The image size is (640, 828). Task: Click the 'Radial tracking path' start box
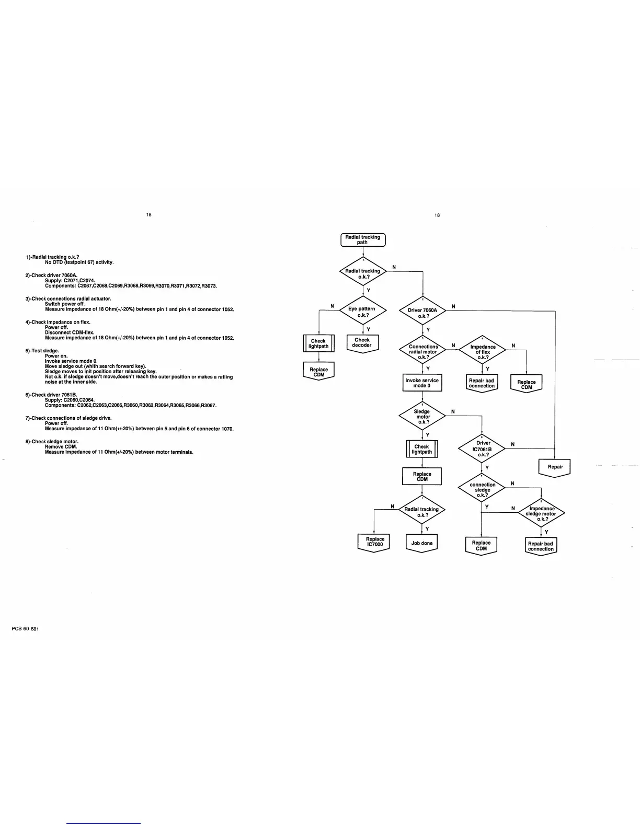pyautogui.click(x=363, y=240)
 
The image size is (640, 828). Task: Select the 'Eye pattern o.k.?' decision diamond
pyautogui.click(x=362, y=312)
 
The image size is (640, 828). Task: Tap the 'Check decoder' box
pyautogui.click(x=362, y=343)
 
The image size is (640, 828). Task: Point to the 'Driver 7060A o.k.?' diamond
pyautogui.click(x=422, y=313)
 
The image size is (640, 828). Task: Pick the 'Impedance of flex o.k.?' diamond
pyautogui.click(x=482, y=352)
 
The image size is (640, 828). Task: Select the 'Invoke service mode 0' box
pyautogui.click(x=422, y=383)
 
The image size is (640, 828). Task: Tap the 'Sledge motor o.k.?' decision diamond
pyautogui.click(x=422, y=417)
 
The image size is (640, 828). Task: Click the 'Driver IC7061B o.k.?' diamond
pyautogui.click(x=482, y=448)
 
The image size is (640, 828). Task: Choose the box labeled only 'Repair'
pyautogui.click(x=555, y=467)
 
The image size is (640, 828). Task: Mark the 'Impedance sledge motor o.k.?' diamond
pyautogui.click(x=541, y=513)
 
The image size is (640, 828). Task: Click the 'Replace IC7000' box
pyautogui.click(x=374, y=542)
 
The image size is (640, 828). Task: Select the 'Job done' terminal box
pyautogui.click(x=422, y=543)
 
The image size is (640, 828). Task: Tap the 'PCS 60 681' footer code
pyautogui.click(x=25, y=629)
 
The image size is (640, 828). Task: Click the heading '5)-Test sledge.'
pyautogui.click(x=42, y=351)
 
